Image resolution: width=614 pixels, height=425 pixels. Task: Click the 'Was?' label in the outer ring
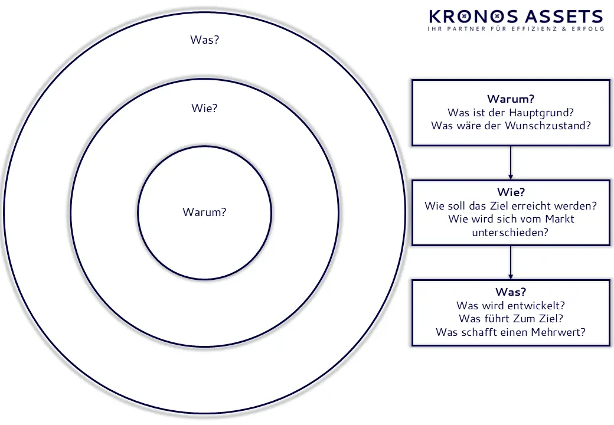(204, 40)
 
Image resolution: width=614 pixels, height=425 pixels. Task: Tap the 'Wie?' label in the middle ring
(204, 109)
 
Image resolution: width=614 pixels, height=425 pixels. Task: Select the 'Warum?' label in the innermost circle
(204, 212)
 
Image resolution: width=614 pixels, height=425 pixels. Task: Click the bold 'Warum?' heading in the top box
(511, 99)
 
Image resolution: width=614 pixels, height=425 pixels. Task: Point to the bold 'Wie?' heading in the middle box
(511, 192)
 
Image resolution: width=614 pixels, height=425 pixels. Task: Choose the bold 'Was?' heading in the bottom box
(511, 292)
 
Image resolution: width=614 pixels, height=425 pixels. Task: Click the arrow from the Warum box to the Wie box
(511, 162)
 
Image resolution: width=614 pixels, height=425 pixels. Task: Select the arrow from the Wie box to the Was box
(511, 263)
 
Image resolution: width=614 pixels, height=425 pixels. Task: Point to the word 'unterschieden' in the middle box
(511, 233)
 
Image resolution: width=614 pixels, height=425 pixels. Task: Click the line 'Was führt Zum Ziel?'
(511, 319)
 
